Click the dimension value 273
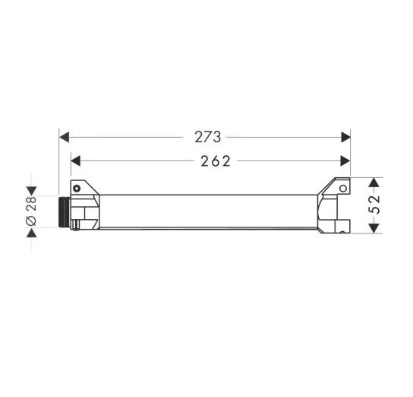pos(207,137)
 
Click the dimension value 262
pos(216,161)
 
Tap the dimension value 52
pos(374,205)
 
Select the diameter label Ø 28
pos(31,211)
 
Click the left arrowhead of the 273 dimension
pos(64,137)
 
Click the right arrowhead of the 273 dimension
pos(346,137)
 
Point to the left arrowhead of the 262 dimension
pos(76,161)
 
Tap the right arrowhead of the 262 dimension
pos(345,161)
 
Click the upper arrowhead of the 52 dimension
pos(374,183)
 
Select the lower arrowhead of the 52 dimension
pos(374,228)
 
